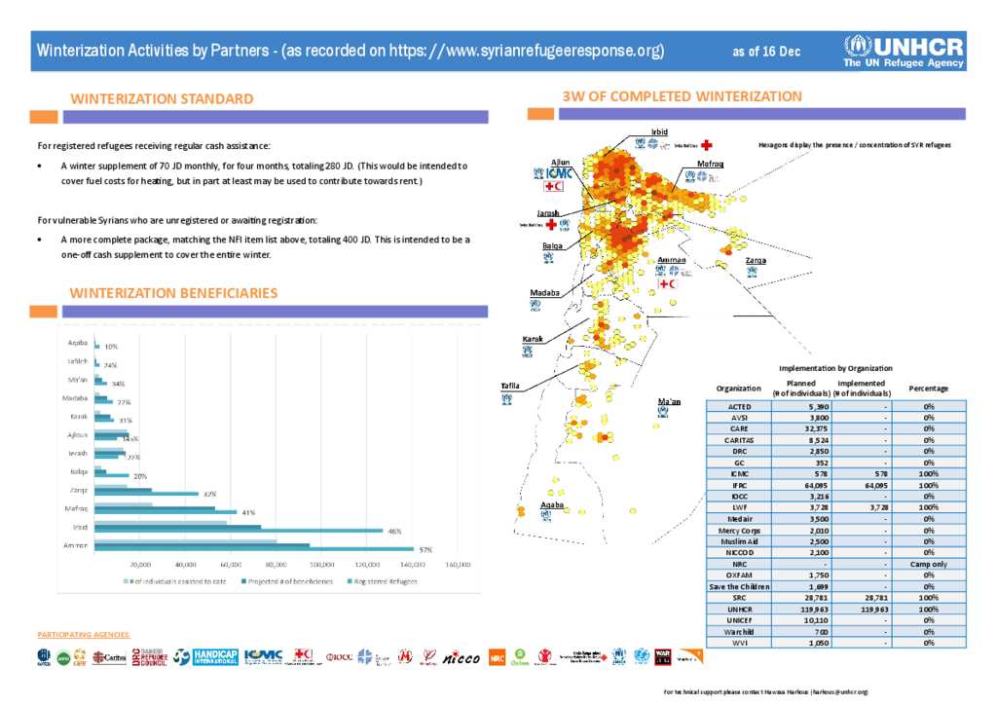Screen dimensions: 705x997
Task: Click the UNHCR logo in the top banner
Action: pos(904,51)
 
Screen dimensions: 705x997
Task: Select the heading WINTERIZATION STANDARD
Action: pos(162,98)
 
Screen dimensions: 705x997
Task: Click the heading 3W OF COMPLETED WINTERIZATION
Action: pos(682,96)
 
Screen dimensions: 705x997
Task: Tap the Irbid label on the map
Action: pos(659,132)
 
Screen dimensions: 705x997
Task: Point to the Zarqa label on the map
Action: pos(755,261)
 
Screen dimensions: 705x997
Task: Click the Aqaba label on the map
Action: pos(552,504)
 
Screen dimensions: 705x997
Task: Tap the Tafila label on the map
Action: pos(509,386)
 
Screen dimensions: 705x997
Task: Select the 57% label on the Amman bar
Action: pos(425,550)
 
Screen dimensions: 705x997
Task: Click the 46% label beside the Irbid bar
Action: pos(394,531)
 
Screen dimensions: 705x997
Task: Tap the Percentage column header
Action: pos(928,388)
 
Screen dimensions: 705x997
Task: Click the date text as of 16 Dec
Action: pos(766,52)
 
